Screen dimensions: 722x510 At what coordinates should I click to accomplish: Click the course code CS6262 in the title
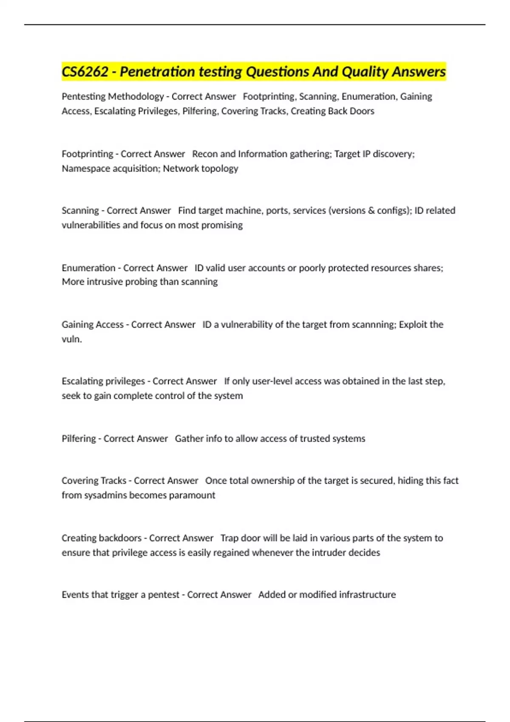point(85,72)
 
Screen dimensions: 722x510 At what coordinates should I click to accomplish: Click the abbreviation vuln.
point(71,339)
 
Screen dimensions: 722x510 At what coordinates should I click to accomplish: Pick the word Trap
point(229,538)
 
